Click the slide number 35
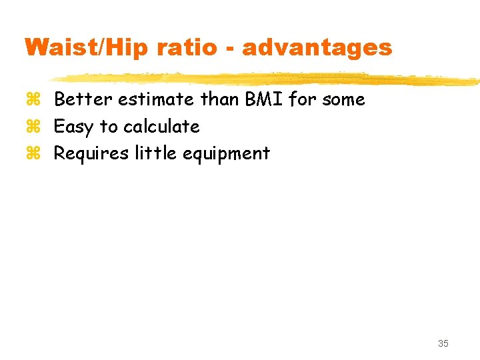click(443, 343)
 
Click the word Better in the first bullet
click(83, 99)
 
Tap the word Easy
click(74, 127)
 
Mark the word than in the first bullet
click(220, 99)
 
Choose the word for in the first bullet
click(301, 99)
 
